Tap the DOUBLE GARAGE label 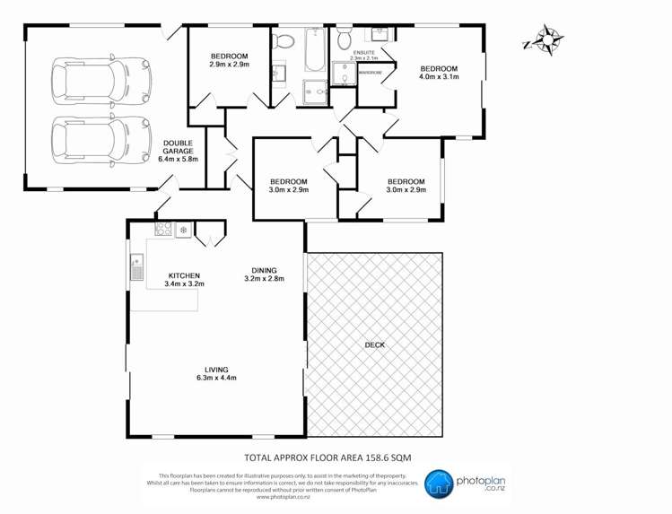[178, 152]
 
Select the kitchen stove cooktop [163, 231]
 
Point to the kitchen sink [137, 266]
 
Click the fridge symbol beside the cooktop [183, 231]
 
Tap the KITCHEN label [184, 276]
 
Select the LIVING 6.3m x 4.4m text [215, 373]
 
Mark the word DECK [375, 344]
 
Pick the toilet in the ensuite [345, 39]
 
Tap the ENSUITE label [363, 53]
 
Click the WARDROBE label [371, 73]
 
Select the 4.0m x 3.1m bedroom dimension [440, 77]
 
